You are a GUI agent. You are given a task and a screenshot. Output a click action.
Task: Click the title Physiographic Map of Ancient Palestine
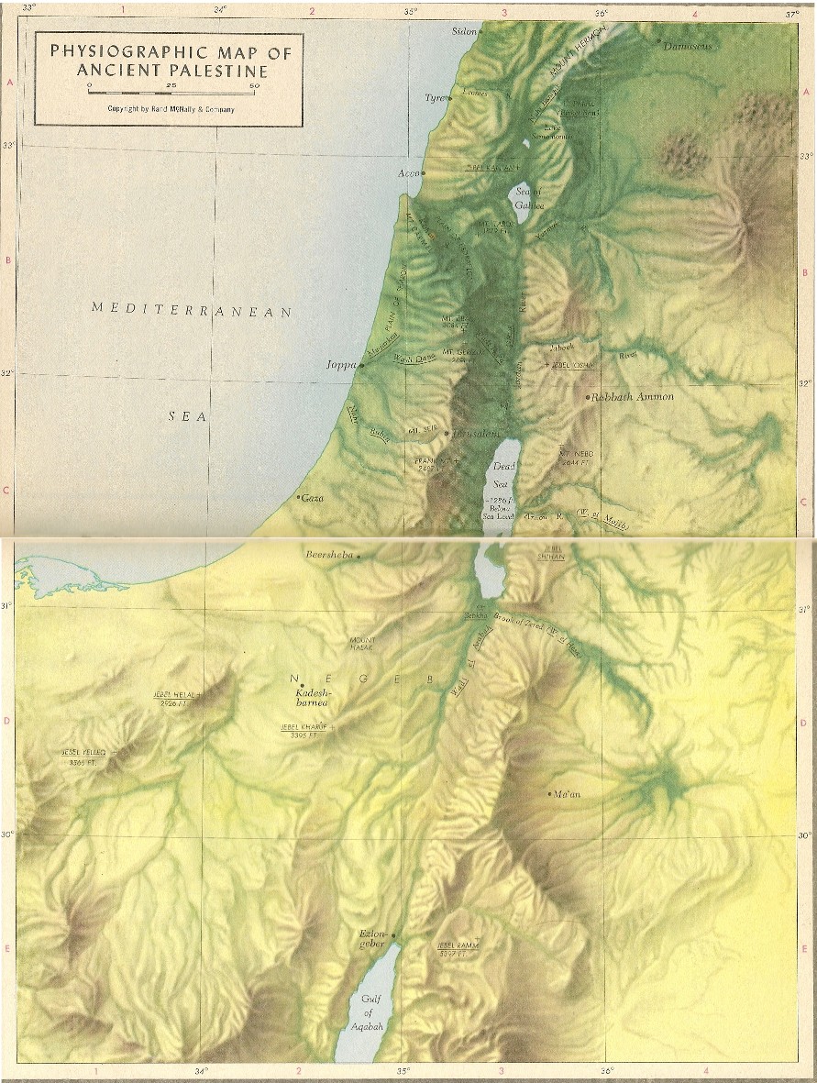pyautogui.click(x=171, y=61)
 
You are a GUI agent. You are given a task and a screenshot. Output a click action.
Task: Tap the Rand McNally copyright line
pyautogui.click(x=171, y=109)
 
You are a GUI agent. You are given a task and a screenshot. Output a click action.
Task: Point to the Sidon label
pyautogui.click(x=464, y=30)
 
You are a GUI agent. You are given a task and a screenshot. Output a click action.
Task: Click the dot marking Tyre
pyautogui.click(x=450, y=98)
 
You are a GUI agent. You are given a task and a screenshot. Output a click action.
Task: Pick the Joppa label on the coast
pyautogui.click(x=340, y=364)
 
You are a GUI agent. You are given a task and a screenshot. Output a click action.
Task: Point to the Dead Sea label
pyautogui.click(x=505, y=474)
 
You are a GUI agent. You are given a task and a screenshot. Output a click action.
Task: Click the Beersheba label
pyautogui.click(x=330, y=554)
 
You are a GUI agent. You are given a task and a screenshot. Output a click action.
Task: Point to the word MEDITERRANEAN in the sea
pyautogui.click(x=191, y=310)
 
